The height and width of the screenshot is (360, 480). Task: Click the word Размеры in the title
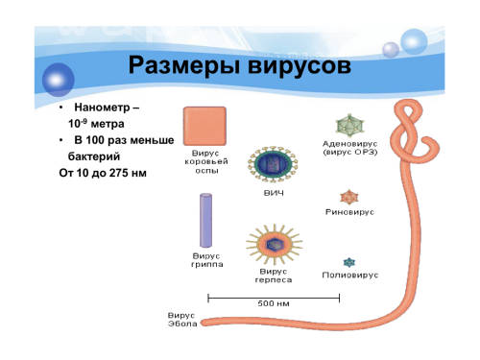point(184,66)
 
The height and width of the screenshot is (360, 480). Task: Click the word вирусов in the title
point(300,66)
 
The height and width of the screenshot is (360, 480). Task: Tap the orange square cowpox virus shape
point(204,126)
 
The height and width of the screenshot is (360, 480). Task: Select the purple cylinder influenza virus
point(205,221)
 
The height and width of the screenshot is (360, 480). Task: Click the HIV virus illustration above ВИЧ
point(273,164)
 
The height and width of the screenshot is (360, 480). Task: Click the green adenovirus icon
point(349,126)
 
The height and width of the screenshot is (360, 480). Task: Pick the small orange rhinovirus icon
point(349,197)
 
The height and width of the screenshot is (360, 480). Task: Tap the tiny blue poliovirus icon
point(349,263)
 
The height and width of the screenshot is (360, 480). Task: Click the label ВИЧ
point(274,193)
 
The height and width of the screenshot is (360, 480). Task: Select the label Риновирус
point(349,212)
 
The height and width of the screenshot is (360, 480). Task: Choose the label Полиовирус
point(350,276)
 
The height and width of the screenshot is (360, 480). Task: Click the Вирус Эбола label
point(182,320)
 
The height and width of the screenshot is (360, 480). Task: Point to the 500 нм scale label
point(274,303)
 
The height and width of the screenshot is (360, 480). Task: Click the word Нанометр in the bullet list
point(102,108)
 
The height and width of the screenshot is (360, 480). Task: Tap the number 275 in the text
point(119,173)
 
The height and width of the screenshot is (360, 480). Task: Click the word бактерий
point(94,156)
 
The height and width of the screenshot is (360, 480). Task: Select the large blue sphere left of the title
point(59,80)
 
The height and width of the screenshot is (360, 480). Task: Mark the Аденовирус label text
point(349,144)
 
